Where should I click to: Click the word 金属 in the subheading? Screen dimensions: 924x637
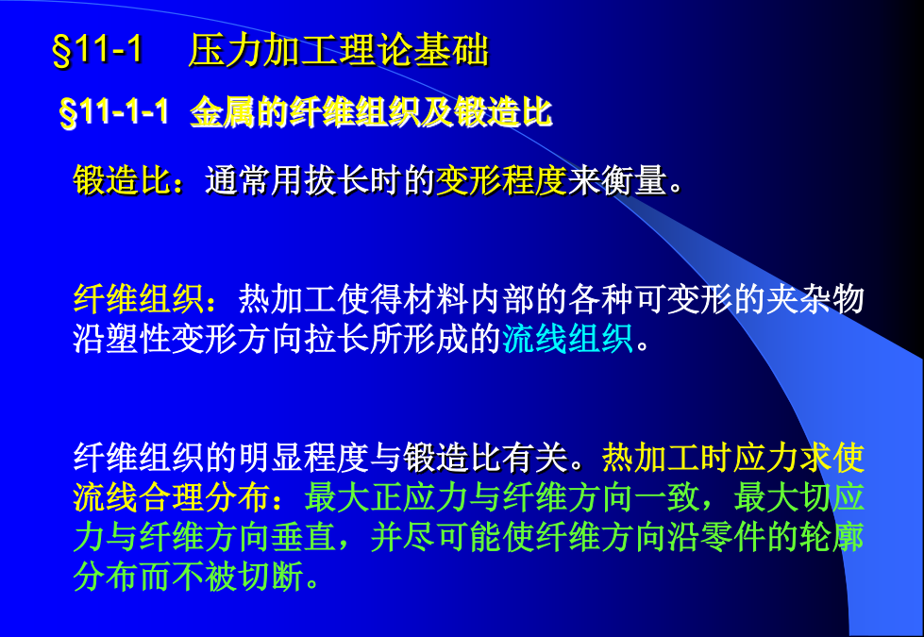223,112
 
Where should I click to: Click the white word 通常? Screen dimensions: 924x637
238,179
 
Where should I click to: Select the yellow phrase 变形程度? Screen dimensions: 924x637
501,179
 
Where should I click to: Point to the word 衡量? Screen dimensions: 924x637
634,179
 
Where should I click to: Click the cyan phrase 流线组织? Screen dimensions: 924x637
567,338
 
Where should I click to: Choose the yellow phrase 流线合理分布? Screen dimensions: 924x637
172,496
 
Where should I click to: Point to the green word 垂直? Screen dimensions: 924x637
304,536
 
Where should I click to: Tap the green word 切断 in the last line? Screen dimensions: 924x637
271,576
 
